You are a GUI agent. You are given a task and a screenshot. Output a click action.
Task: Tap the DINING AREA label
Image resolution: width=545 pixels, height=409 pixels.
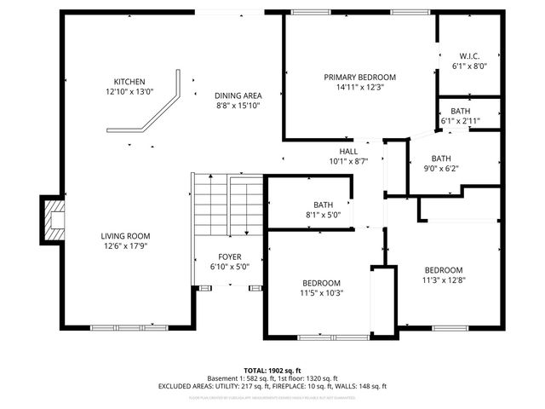tap(238, 95)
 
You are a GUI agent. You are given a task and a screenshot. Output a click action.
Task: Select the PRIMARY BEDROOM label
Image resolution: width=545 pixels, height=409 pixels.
tap(359, 77)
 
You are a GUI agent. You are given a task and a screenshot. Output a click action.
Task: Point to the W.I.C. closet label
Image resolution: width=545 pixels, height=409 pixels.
tap(469, 55)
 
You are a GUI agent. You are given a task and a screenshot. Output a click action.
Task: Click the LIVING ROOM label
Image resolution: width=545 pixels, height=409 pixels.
tap(126, 236)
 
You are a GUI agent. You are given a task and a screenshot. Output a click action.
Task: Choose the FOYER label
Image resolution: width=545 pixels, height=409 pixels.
tap(229, 256)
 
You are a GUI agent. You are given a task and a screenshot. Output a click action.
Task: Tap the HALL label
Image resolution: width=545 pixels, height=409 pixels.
tap(348, 151)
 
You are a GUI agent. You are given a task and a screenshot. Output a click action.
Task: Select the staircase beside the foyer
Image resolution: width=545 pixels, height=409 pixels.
tap(227, 206)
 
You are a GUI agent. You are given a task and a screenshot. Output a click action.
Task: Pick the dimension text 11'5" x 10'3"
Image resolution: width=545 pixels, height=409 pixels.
tap(322, 293)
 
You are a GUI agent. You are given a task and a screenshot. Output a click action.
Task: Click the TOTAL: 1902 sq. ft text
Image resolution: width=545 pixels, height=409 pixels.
tap(272, 371)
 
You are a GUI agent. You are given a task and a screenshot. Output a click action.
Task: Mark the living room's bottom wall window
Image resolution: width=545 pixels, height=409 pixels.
tap(118, 328)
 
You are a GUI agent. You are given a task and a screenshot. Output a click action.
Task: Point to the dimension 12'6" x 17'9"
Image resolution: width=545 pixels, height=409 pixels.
tap(126, 246)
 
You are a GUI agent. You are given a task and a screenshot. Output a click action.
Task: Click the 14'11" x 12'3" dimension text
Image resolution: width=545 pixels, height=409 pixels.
tap(359, 86)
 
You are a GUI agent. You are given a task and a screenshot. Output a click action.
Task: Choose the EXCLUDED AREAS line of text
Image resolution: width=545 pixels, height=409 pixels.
tap(272, 386)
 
